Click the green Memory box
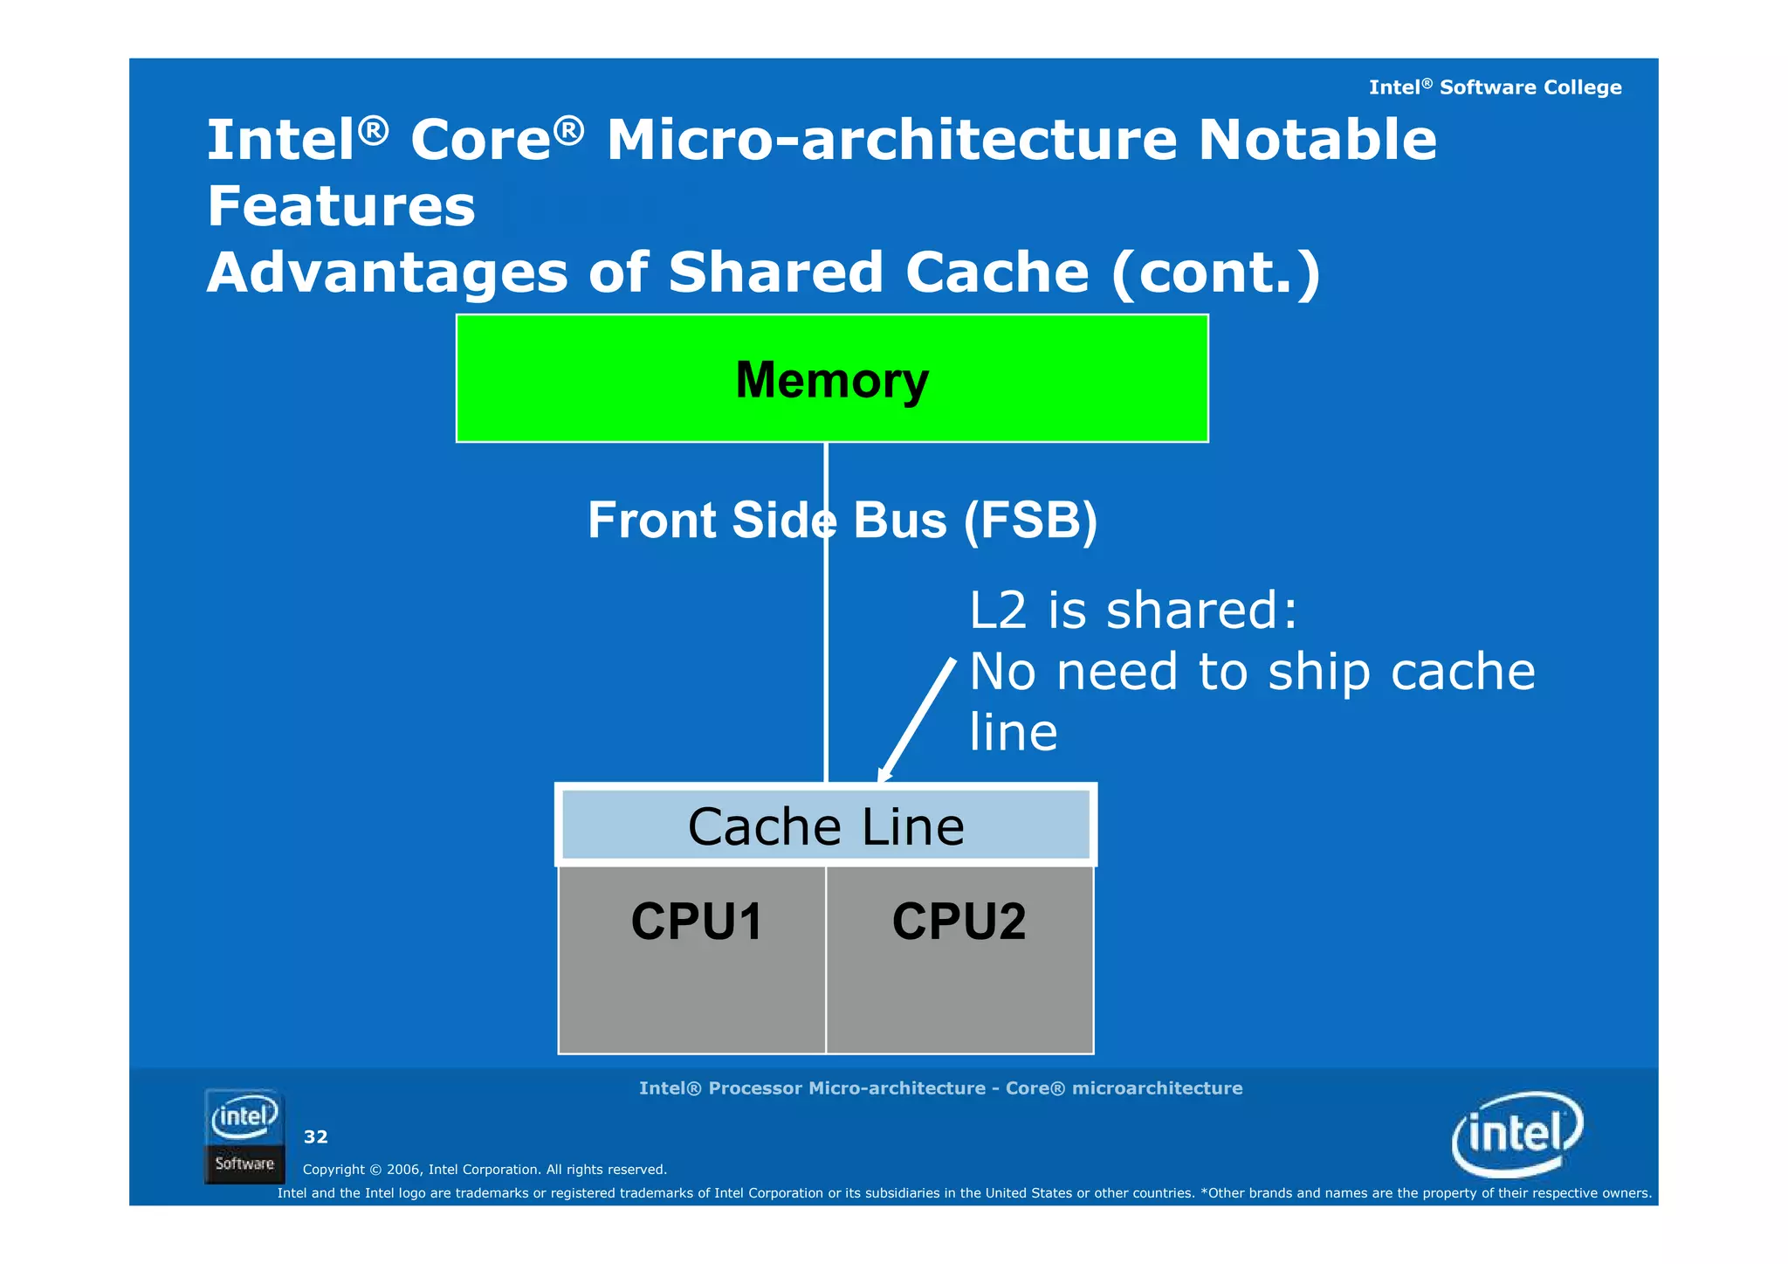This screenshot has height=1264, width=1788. tap(831, 378)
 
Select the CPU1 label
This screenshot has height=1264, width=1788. tap(696, 922)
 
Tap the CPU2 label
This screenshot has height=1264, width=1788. tap(959, 922)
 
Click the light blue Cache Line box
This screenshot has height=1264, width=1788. tap(825, 825)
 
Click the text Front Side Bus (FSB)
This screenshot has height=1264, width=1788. tap(842, 521)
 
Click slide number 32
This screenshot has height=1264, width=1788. tap(315, 1136)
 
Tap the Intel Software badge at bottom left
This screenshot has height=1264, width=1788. tap(244, 1136)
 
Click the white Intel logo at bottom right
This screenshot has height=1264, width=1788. tap(1516, 1134)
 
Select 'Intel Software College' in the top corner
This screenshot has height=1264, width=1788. tap(1495, 87)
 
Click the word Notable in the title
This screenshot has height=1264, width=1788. tap(1317, 140)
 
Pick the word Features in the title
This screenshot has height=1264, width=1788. tap(341, 207)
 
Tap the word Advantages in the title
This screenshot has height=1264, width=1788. tap(387, 273)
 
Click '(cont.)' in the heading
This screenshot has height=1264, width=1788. tap(1215, 273)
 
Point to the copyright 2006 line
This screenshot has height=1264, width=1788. tap(485, 1170)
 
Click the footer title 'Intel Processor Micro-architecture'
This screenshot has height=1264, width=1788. tap(940, 1088)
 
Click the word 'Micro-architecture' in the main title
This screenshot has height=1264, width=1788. tap(891, 140)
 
